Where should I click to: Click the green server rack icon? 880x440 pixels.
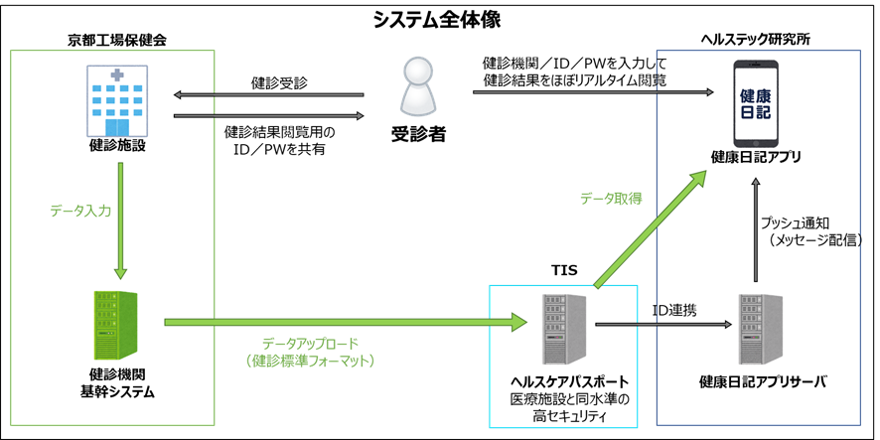click(117, 324)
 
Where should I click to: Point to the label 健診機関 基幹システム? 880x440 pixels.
click(117, 383)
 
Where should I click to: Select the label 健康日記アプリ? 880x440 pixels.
click(756, 157)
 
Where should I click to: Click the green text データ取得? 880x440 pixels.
click(611, 199)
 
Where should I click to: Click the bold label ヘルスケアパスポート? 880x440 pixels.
click(561, 380)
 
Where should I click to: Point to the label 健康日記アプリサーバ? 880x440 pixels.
click(763, 381)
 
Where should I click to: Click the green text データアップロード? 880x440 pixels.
click(310, 343)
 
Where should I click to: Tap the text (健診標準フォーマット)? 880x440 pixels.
click(310, 362)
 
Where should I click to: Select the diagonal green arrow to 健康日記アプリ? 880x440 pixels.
click(651, 228)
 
